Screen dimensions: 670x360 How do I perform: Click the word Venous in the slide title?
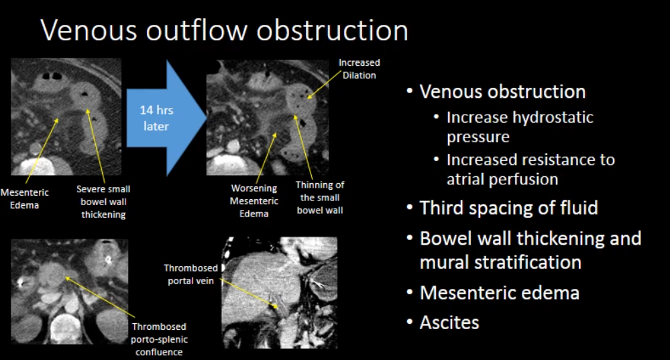89,30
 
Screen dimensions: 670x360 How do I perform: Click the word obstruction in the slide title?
333,30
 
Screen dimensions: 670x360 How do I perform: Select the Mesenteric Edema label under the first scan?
24,198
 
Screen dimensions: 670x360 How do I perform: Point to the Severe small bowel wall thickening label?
103,202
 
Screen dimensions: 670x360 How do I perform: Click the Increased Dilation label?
359,69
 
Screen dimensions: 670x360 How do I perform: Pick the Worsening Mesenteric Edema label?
254,200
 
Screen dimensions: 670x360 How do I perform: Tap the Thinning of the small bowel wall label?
320,197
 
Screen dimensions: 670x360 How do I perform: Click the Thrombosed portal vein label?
190,274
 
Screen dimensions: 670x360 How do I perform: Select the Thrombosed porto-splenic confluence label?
159,339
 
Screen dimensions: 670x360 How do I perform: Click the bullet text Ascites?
449,323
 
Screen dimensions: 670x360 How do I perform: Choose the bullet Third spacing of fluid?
508,208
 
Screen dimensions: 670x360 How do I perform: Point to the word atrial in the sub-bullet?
466,180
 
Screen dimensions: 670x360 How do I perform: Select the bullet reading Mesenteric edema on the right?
500,293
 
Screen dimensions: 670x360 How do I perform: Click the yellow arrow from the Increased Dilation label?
325,84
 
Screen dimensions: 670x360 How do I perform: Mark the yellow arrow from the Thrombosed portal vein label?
249,294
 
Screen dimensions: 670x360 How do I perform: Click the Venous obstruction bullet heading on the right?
502,92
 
